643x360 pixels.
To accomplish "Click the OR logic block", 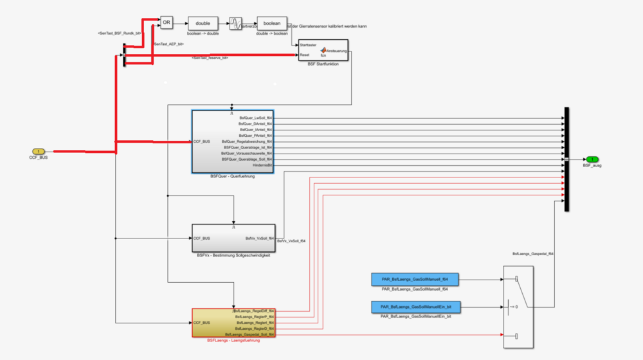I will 167,23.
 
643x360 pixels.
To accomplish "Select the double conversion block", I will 203,23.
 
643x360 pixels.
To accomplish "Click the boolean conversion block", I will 272,23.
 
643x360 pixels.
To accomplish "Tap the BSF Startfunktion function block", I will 325,52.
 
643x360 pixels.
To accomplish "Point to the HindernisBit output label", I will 262,165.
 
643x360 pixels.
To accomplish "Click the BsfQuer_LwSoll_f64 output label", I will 256,118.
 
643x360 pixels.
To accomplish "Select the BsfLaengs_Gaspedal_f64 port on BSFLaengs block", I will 251,335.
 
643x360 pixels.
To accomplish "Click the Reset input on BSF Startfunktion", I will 305,55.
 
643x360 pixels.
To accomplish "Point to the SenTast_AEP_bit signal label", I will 169,44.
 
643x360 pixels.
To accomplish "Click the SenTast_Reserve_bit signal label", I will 210,59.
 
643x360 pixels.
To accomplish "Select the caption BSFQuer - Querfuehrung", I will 232,176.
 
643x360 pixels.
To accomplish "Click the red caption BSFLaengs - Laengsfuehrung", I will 233,341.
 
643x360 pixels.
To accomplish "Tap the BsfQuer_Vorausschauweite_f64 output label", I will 248,154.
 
